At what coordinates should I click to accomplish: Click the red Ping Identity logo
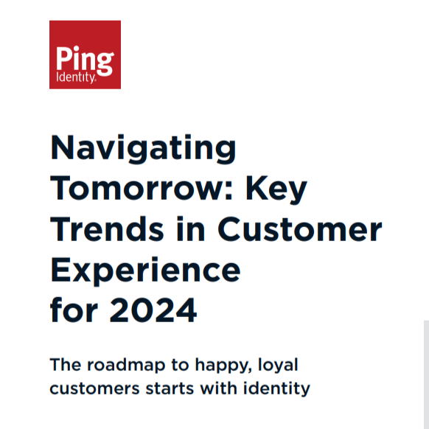[85, 55]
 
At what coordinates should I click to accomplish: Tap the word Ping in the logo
[85, 60]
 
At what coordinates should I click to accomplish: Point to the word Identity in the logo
[76, 77]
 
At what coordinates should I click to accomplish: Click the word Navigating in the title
[143, 149]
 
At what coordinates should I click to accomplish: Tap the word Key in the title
[276, 190]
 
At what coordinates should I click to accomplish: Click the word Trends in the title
[107, 229]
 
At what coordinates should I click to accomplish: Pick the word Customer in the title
[299, 229]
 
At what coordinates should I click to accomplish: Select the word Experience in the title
[145, 271]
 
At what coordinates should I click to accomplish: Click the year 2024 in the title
[153, 310]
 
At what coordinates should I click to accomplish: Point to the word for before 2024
[74, 310]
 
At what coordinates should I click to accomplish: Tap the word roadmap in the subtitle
[126, 365]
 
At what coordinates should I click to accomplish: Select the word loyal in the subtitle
[278, 366]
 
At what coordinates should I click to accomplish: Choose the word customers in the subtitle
[94, 388]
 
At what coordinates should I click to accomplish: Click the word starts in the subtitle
[170, 388]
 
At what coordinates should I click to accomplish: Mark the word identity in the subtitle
[276, 389]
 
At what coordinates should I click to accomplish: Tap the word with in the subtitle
[218, 388]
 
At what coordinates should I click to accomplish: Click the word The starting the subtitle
[66, 365]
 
